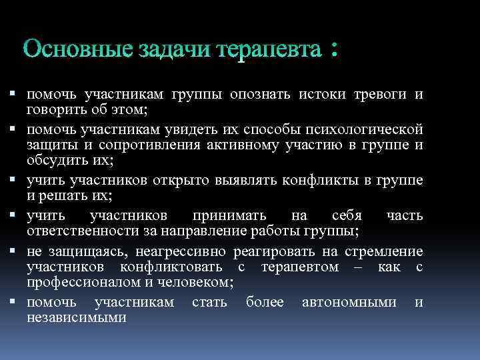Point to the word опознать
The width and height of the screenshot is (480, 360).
(261, 94)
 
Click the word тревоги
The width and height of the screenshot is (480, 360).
(381, 94)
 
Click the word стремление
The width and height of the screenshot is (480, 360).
(384, 251)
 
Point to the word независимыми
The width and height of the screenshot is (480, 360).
(76, 318)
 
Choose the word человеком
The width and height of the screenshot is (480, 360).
(197, 283)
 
